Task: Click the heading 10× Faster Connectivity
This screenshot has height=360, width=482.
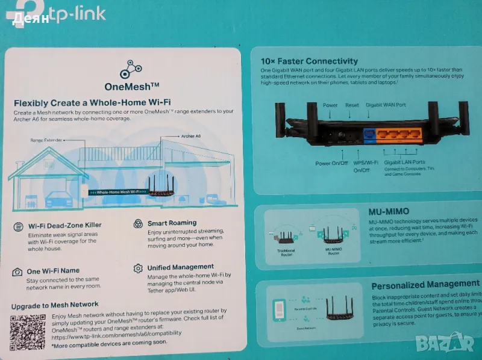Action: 309,61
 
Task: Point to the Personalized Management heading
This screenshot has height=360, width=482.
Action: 425,284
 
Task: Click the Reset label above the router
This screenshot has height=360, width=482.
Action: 352,105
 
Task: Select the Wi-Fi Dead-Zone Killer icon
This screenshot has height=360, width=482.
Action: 18,226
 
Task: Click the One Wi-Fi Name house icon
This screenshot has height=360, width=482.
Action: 18,272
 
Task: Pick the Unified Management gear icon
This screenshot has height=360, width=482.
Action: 137,268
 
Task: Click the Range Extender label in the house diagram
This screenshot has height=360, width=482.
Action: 46,140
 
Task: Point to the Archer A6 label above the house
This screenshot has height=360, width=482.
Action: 190,137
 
